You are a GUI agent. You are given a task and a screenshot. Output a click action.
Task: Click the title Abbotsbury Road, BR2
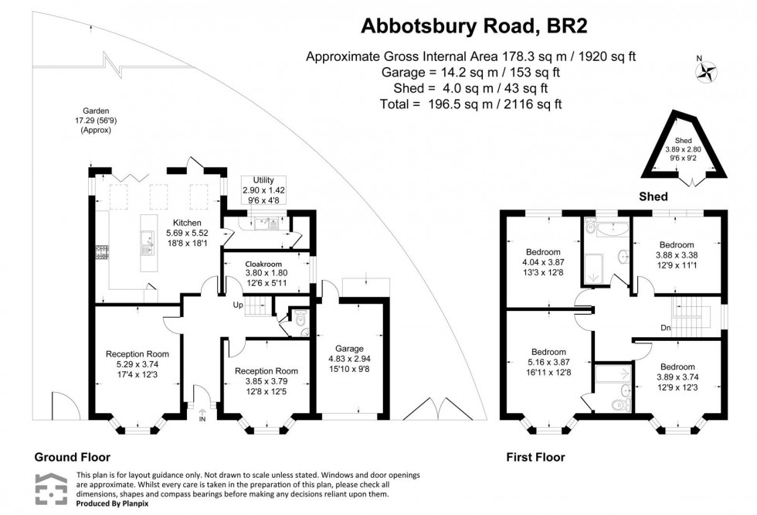tap(474, 26)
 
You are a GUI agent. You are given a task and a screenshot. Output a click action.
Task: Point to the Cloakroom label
tap(266, 272)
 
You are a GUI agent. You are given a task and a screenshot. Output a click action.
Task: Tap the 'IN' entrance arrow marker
tap(203, 416)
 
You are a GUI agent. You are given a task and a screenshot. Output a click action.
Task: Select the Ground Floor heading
tap(72, 457)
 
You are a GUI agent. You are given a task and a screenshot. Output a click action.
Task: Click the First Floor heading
tap(535, 457)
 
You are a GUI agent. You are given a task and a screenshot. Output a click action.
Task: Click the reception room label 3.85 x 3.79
tap(266, 381)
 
